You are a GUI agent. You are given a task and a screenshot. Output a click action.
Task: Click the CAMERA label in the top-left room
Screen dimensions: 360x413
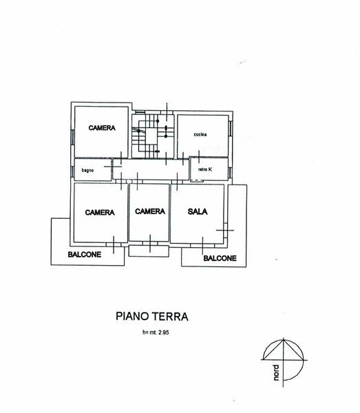(102, 128)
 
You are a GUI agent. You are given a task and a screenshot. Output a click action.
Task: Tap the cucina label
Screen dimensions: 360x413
(200, 134)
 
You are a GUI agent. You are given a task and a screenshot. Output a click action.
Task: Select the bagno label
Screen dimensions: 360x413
(87, 170)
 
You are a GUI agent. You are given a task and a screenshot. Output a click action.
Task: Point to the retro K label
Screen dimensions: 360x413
(205, 169)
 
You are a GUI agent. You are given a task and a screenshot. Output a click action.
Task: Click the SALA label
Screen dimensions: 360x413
(198, 211)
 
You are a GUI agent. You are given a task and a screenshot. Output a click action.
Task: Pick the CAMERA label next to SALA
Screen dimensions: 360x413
(150, 211)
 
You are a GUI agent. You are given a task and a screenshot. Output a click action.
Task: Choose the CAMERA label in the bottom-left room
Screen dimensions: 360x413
(100, 212)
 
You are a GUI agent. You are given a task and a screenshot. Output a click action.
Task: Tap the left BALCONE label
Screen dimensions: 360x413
(85, 255)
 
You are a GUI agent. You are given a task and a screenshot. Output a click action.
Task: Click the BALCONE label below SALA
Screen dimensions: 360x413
(220, 258)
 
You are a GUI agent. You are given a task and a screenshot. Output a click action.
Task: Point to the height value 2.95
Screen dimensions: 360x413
(163, 332)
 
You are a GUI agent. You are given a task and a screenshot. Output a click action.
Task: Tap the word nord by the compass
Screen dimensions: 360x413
(276, 372)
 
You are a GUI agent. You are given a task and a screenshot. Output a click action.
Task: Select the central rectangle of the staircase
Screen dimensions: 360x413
(151, 136)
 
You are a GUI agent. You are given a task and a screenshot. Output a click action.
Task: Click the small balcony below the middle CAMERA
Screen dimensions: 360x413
(149, 251)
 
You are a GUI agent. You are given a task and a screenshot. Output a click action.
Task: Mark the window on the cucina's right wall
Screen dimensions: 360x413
(231, 128)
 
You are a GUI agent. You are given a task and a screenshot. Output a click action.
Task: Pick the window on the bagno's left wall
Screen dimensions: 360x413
(72, 171)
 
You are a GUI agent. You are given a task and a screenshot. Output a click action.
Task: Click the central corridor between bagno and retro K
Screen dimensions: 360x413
(151, 170)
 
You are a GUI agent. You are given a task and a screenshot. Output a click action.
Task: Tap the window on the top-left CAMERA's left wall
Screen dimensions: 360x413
(72, 137)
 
